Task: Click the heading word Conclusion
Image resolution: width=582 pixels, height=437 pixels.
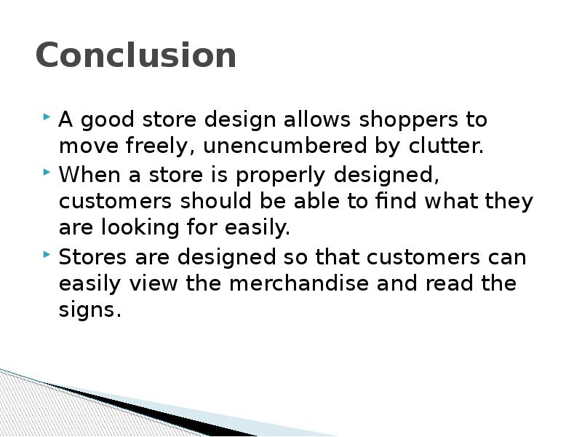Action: [x=136, y=56]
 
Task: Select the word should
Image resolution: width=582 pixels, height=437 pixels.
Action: [x=217, y=201]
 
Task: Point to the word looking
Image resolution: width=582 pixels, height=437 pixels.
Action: [x=128, y=228]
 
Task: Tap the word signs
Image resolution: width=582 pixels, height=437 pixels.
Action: [x=88, y=310]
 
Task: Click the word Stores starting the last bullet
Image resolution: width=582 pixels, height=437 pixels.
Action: [x=90, y=257]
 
